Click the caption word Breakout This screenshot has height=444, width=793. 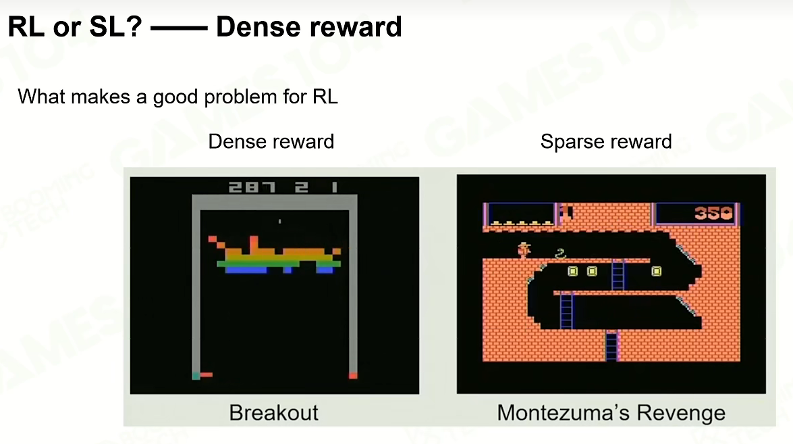(x=273, y=413)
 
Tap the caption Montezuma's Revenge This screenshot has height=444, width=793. (x=611, y=413)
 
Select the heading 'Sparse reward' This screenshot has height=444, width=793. (x=606, y=141)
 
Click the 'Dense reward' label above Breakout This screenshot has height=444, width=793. (x=271, y=141)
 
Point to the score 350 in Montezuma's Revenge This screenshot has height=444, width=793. (x=713, y=213)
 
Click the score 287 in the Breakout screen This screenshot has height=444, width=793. (x=252, y=187)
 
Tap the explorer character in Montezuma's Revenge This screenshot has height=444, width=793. (x=524, y=249)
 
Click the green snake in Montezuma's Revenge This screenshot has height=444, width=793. (x=560, y=253)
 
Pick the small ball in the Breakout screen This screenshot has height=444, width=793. (x=279, y=221)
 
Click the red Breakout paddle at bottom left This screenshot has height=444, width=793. (x=206, y=374)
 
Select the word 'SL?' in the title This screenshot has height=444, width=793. (x=115, y=27)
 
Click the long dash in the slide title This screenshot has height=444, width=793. (x=179, y=28)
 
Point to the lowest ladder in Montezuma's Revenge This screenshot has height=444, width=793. (x=611, y=345)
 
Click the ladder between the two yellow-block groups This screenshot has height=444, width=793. (x=618, y=275)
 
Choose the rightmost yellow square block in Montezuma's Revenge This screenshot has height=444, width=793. (x=656, y=272)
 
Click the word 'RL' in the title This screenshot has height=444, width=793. (x=26, y=27)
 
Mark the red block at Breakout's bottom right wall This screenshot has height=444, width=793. (x=353, y=375)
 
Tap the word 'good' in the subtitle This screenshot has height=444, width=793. (x=175, y=97)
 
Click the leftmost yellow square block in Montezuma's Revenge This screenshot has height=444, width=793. (x=572, y=272)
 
